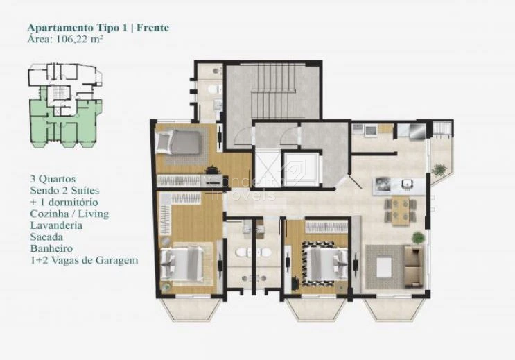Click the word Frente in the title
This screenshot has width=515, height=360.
[152, 28]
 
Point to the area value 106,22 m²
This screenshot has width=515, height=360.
[80, 40]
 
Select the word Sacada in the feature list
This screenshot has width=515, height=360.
[46, 237]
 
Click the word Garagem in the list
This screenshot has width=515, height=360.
[117, 261]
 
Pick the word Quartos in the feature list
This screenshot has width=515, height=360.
[57, 179]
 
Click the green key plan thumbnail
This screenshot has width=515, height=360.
[65, 105]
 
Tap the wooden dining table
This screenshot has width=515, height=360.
[401, 211]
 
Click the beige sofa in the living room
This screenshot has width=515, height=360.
[413, 266]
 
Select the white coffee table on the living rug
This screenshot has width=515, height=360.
[385, 267]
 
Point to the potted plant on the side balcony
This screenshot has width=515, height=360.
[439, 170]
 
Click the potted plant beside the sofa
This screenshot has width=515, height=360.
[418, 237]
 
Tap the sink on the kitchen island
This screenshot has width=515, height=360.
[408, 184]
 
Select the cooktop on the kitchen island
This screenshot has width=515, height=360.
[383, 184]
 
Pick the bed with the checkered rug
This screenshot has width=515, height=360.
[324, 263]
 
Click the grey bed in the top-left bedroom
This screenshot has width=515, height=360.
[178, 142]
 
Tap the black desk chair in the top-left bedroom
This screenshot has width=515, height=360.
[212, 170]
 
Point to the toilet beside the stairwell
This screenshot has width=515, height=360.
[213, 89]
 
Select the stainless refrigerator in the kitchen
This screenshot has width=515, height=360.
[417, 131]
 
